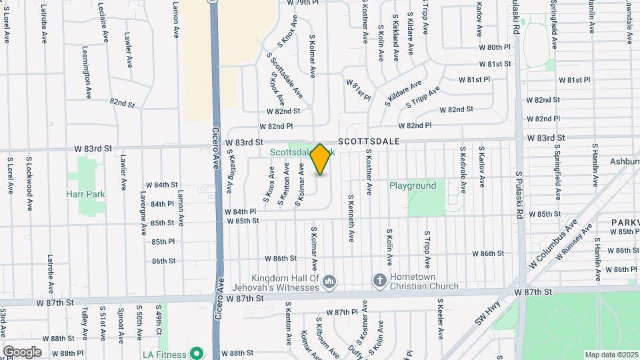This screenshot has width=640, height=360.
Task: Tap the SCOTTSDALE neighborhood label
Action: pyautogui.click(x=369, y=142)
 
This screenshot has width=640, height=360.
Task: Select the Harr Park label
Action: pyautogui.click(x=85, y=194)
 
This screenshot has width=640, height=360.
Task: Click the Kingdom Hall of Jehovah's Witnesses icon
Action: pyautogui.click(x=329, y=282)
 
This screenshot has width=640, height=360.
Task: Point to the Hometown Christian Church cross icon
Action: pyautogui.click(x=379, y=281)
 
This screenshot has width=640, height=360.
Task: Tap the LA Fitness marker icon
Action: pyautogui.click(x=196, y=352)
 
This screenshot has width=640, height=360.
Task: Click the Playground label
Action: pyautogui.click(x=413, y=185)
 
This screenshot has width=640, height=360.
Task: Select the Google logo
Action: pyautogui.click(x=22, y=352)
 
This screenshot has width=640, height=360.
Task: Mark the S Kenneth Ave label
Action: pyautogui.click(x=349, y=218)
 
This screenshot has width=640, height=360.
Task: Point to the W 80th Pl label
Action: pyautogui.click(x=494, y=48)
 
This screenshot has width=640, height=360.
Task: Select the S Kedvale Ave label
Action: pyautogui.click(x=462, y=167)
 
